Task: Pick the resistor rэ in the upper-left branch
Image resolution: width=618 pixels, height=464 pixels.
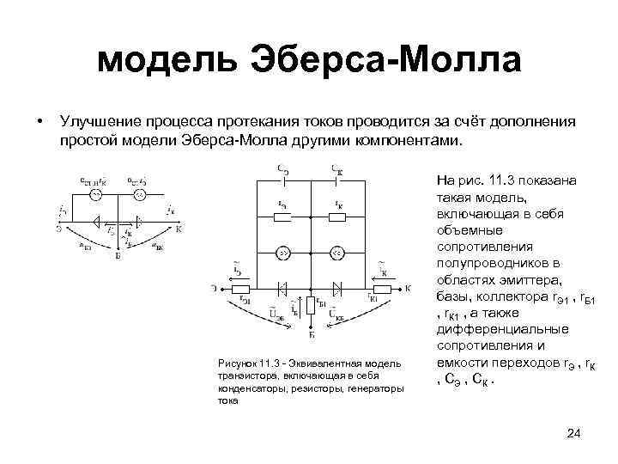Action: click(282, 216)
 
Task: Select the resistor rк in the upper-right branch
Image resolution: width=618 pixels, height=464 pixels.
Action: click(336, 216)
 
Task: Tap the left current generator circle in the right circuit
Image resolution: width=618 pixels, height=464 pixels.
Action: click(282, 252)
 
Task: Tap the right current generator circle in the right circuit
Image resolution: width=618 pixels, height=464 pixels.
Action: click(336, 252)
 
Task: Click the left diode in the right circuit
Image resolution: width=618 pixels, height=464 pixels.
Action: click(282, 286)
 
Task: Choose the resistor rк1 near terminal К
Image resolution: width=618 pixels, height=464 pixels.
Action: click(379, 287)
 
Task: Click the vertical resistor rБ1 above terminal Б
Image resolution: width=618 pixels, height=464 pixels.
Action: click(309, 306)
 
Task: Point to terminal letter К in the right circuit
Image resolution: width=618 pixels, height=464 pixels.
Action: click(409, 286)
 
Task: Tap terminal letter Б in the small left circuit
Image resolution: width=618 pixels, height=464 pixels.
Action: click(117, 255)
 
